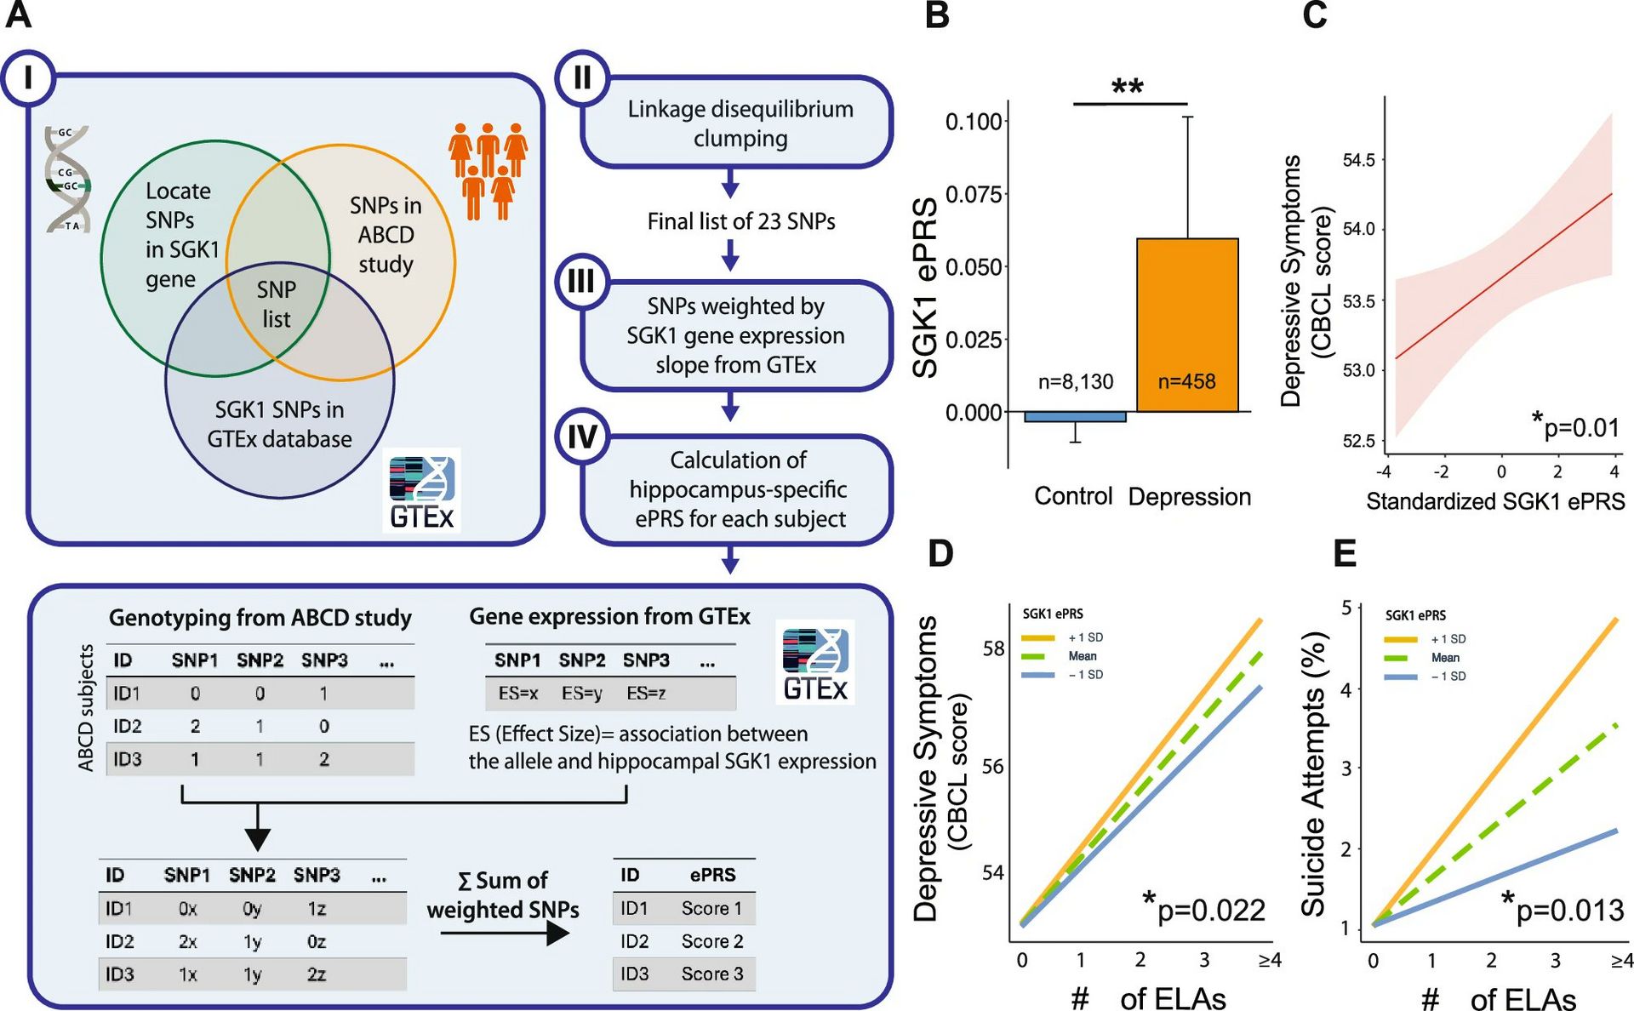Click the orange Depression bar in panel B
tap(1187, 325)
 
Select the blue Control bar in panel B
tap(1075, 417)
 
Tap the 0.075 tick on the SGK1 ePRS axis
tap(974, 195)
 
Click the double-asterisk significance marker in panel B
tap(1128, 88)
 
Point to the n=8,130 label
tap(1075, 382)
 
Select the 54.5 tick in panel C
tap(1358, 160)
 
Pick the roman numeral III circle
tap(581, 281)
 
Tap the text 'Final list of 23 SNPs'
tap(740, 221)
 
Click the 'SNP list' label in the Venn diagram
tap(277, 304)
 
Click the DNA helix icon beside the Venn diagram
tap(68, 179)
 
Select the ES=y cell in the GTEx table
tap(581, 694)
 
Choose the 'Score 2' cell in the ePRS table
tap(711, 941)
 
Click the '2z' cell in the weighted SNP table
tap(317, 974)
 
